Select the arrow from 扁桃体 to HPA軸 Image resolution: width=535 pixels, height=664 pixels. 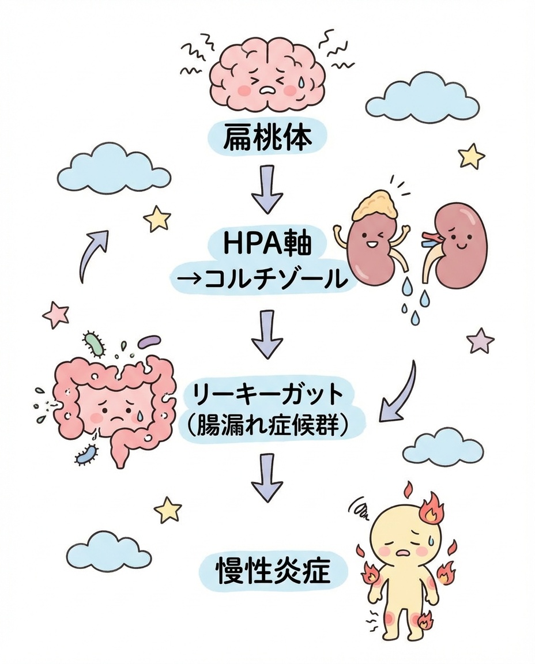coord(267,189)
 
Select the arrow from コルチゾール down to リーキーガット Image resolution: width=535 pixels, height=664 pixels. coord(267,333)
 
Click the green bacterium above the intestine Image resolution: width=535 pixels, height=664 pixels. coord(96,343)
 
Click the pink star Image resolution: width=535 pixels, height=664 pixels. coord(56,314)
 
